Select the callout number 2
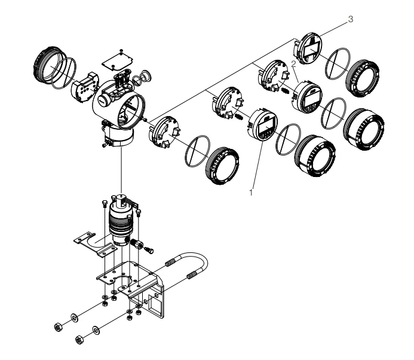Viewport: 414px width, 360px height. click(x=293, y=63)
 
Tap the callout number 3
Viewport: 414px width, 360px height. click(x=351, y=19)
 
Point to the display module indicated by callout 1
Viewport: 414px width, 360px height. click(x=262, y=125)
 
